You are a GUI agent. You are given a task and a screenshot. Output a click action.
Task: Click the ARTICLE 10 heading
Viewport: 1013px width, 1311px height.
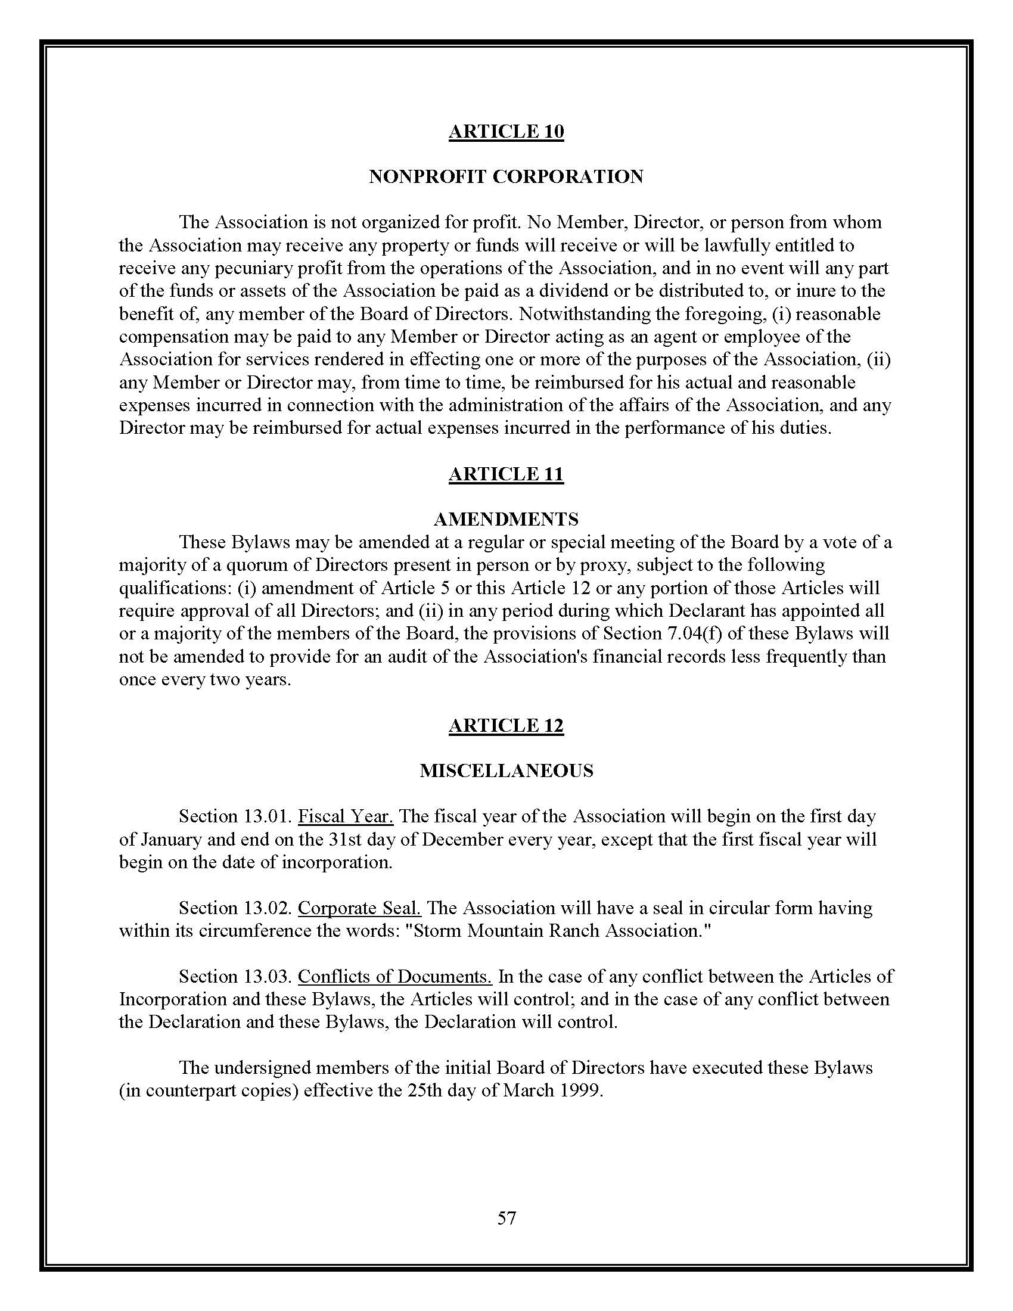tap(506, 132)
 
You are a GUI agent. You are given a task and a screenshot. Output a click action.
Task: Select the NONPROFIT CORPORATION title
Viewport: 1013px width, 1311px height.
tap(506, 177)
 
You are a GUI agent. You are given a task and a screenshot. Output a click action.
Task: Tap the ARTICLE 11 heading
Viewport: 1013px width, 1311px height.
tap(506, 474)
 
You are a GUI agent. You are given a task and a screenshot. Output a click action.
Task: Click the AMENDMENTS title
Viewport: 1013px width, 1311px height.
tap(506, 518)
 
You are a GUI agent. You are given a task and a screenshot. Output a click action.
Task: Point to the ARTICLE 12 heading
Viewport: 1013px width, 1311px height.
tap(506, 726)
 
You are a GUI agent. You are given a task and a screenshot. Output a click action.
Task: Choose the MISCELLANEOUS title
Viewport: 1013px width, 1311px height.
tap(506, 771)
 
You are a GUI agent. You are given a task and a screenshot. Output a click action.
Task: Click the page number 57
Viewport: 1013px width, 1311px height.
tap(506, 1218)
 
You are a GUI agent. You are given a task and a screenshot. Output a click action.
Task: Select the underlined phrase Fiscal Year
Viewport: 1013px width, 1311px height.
tap(346, 816)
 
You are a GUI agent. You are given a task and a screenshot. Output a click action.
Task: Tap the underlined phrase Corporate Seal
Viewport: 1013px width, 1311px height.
tap(359, 908)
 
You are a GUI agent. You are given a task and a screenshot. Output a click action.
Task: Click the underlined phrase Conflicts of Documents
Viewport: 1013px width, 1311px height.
tap(395, 977)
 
